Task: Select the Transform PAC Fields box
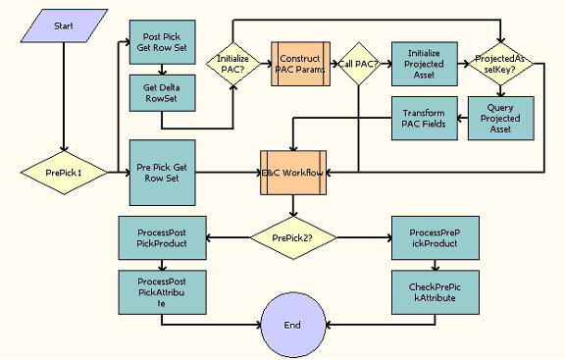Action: (x=424, y=118)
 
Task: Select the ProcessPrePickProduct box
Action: (x=425, y=236)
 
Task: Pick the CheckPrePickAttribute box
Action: (x=425, y=290)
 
